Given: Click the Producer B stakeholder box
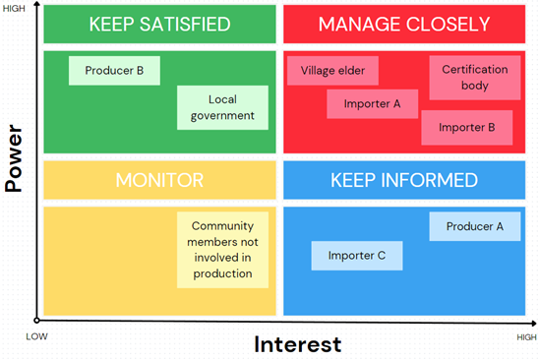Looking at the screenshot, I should pyautogui.click(x=114, y=71).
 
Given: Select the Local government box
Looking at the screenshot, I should pyautogui.click(x=223, y=107).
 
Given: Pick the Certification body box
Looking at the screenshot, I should pyautogui.click(x=474, y=78).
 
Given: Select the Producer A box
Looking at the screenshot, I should pyautogui.click(x=474, y=226).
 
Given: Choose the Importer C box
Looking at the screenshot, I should pyautogui.click(x=356, y=256).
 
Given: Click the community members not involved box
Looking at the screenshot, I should pyautogui.click(x=222, y=250).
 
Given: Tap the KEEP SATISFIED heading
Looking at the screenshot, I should pyautogui.click(x=159, y=25).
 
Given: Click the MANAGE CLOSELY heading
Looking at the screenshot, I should pyautogui.click(x=404, y=25).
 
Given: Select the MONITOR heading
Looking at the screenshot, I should pyautogui.click(x=159, y=180).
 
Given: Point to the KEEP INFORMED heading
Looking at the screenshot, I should pyautogui.click(x=404, y=180).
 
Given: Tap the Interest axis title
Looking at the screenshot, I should pyautogui.click(x=298, y=344).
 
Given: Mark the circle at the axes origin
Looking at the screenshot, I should pyautogui.click(x=36, y=320).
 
